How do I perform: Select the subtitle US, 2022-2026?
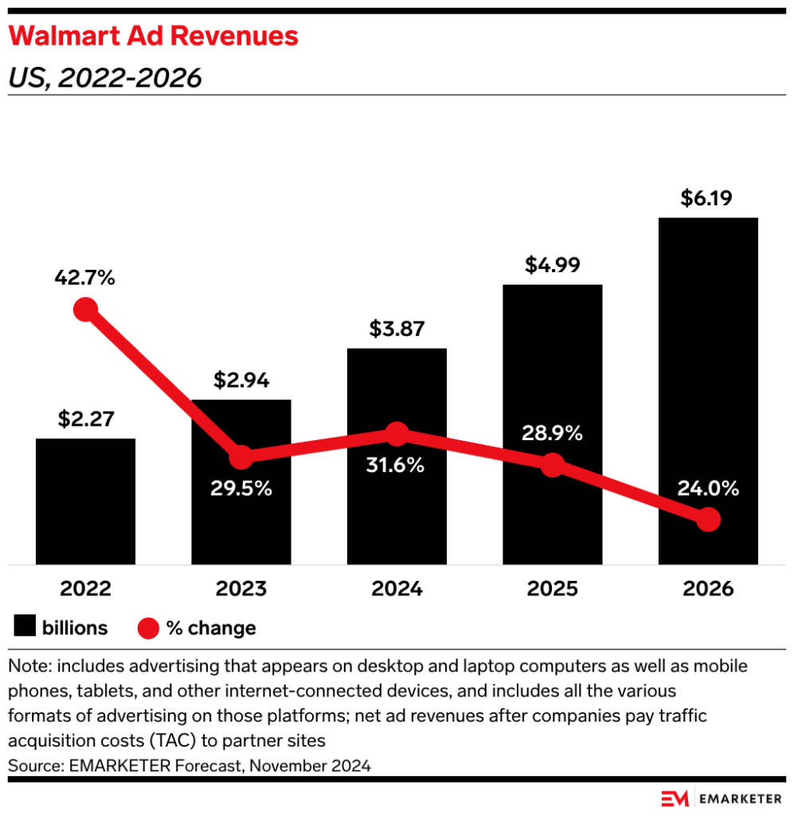pos(104,77)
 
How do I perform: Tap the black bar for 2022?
pos(85,501)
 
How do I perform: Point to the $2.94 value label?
pos(241,380)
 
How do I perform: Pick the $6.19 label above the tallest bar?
pos(708,197)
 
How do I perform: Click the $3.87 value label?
pos(397,329)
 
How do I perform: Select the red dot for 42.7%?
pos(85,310)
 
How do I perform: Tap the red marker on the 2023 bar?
pos(241,458)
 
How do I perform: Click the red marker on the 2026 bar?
pos(708,520)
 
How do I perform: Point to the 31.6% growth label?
pos(397,466)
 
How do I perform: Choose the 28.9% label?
pos(552,434)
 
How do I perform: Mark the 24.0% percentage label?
pos(708,488)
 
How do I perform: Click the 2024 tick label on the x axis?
pos(397,590)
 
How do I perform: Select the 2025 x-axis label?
pos(552,590)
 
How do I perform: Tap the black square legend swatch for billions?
pos(25,628)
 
